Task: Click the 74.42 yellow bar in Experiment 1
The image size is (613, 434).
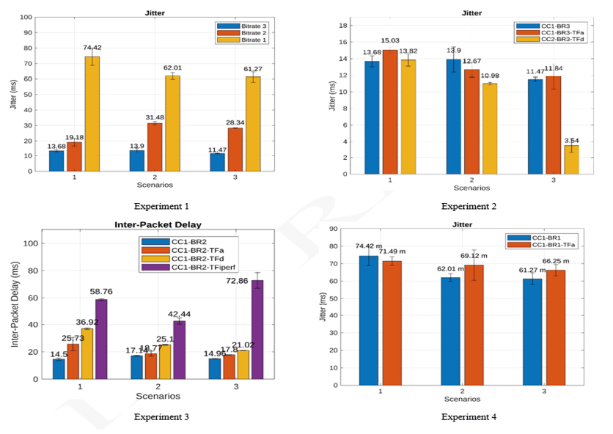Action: (92, 114)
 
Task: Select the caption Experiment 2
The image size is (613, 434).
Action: (469, 206)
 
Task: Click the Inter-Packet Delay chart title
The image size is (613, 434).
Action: (158, 224)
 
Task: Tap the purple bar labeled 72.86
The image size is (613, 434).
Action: (257, 329)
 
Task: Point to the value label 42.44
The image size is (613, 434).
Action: (178, 314)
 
